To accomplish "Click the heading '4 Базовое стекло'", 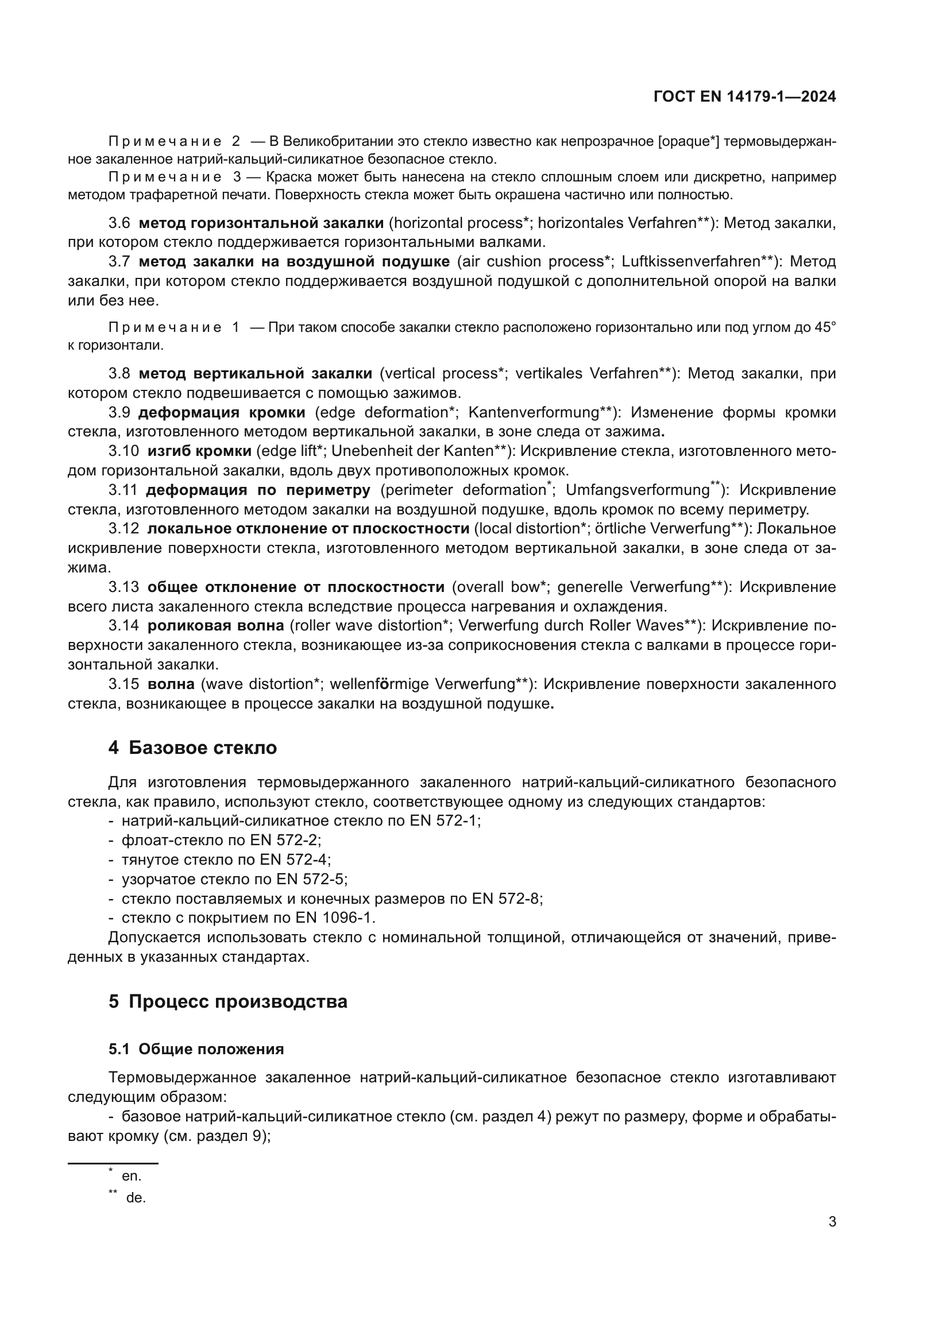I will tap(192, 748).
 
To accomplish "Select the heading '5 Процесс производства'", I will tap(227, 1001).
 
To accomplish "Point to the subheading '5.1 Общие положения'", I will tap(196, 1049).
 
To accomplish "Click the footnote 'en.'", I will tap(132, 1176).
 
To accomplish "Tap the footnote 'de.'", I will tap(136, 1198).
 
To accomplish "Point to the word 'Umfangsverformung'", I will tap(637, 490).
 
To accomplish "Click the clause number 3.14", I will tap(123, 626).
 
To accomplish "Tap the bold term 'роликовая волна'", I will tap(215, 626).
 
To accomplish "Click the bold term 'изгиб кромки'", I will tap(199, 451).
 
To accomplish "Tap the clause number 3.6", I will tap(119, 223).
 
